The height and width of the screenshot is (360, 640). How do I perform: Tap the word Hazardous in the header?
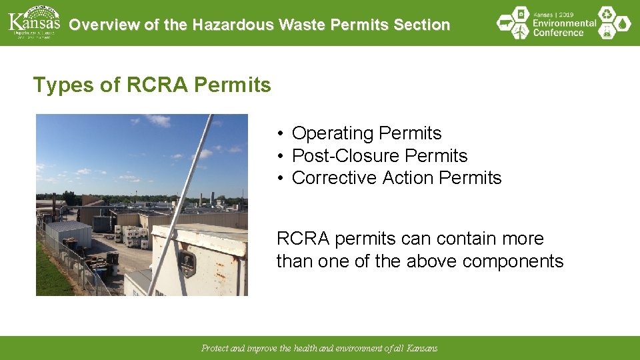tap(233, 25)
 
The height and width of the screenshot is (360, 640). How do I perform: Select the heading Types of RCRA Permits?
tap(152, 85)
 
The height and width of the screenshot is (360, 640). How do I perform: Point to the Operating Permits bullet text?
tap(366, 133)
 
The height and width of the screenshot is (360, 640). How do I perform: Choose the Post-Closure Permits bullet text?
tap(379, 156)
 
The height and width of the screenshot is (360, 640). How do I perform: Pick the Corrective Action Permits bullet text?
tap(396, 178)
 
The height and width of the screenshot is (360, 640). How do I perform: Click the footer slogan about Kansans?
tap(319, 348)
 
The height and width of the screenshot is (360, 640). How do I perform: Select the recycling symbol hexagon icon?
tap(606, 14)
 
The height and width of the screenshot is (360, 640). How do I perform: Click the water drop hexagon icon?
tap(623, 23)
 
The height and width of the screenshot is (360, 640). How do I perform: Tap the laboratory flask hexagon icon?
tap(606, 32)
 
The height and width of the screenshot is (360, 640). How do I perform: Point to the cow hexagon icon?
tap(506, 23)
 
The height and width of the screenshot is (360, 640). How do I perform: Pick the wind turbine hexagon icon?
tap(522, 31)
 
